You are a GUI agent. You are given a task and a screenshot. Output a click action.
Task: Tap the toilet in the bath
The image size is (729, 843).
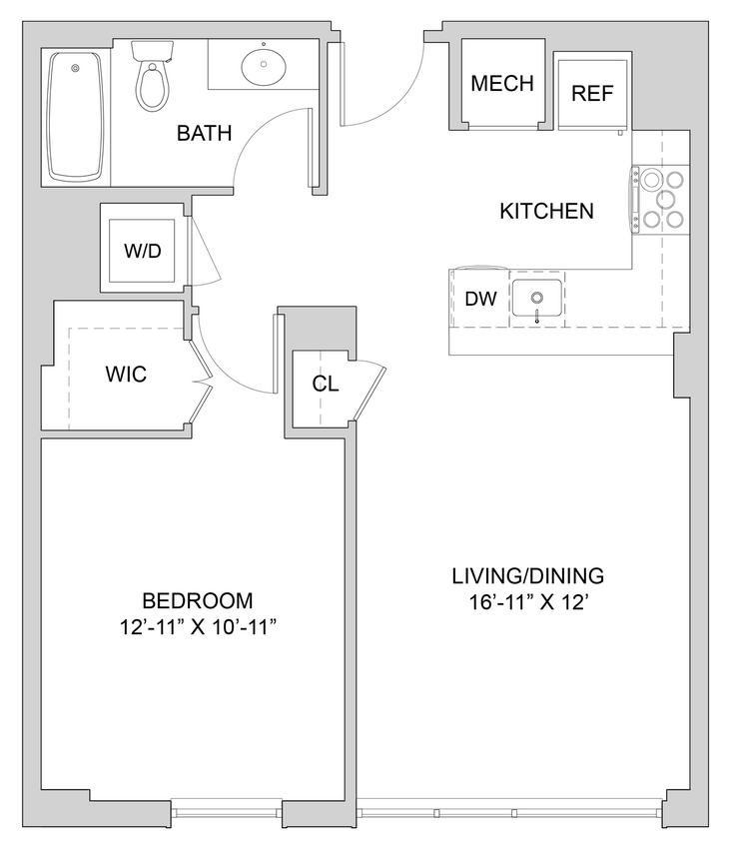click(x=152, y=79)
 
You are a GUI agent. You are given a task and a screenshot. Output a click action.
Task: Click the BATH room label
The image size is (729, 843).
click(x=204, y=133)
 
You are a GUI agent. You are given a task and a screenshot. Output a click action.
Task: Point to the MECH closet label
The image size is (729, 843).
click(x=502, y=83)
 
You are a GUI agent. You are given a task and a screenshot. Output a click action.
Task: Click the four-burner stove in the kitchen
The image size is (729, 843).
click(x=662, y=200)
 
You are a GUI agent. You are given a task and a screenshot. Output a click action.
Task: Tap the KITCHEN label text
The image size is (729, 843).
click(x=546, y=211)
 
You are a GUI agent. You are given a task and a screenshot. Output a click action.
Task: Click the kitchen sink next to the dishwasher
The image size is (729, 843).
click(x=537, y=299)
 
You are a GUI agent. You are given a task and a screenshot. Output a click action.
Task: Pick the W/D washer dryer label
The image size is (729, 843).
click(x=142, y=251)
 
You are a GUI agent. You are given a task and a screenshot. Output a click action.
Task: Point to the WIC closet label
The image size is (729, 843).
click(x=126, y=375)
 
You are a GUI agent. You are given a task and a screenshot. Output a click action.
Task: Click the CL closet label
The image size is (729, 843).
click(x=324, y=384)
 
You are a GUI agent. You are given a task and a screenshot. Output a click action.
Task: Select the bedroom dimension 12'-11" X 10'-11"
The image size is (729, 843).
click(x=197, y=627)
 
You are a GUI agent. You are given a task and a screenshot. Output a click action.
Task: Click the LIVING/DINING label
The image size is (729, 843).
click(x=527, y=575)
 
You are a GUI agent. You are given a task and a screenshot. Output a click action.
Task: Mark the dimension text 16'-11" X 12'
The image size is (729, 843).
click(x=527, y=602)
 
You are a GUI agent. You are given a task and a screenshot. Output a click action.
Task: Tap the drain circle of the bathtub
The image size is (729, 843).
click(x=74, y=68)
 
